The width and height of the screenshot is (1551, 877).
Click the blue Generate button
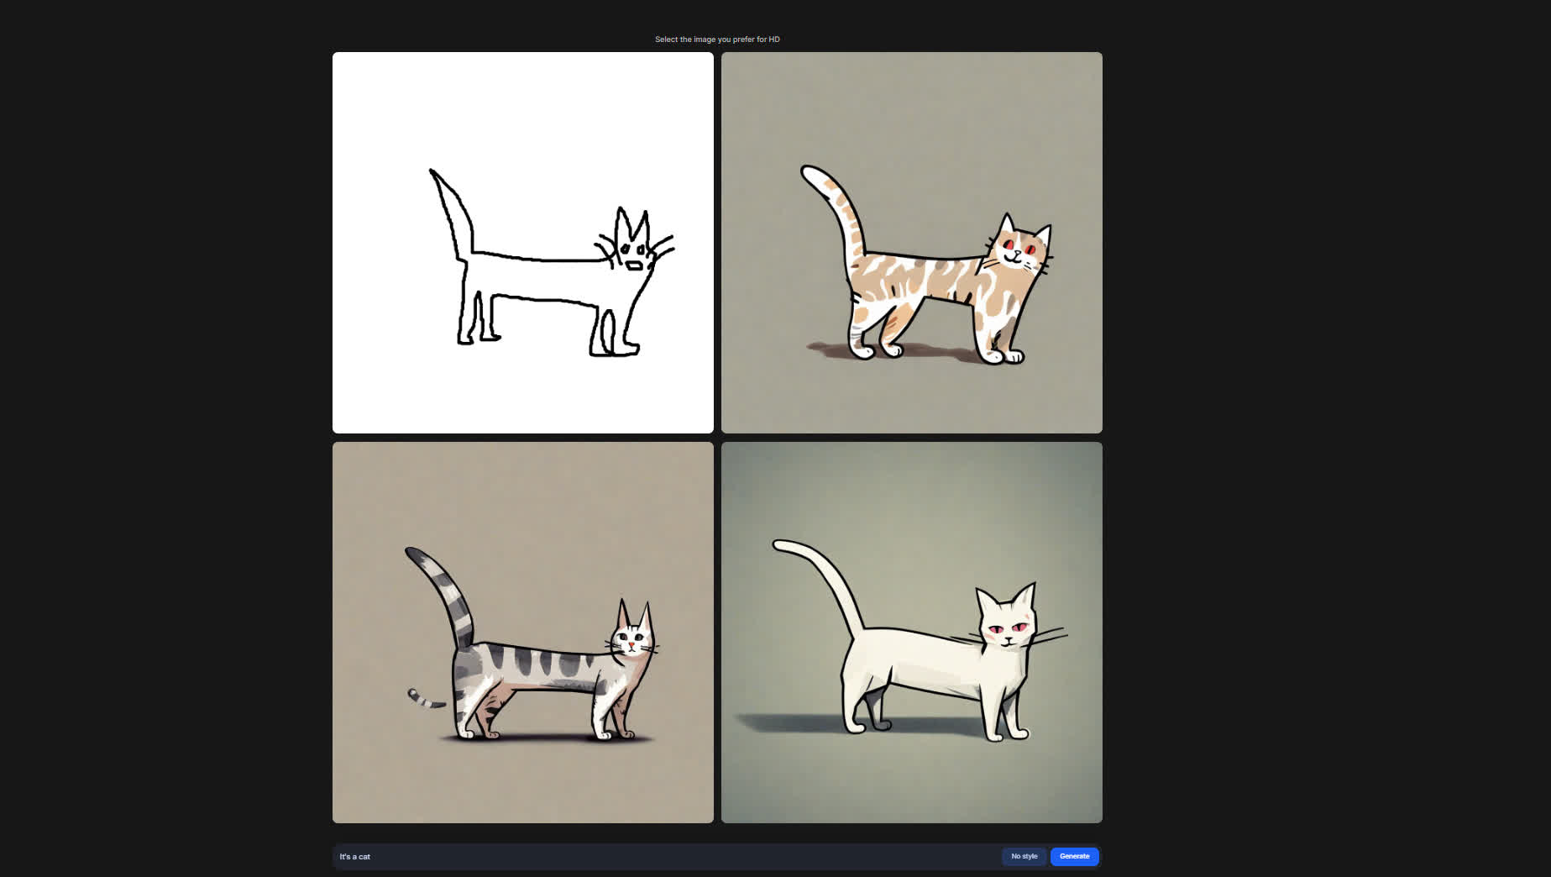pyautogui.click(x=1074, y=856)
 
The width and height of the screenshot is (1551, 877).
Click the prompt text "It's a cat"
pyautogui.click(x=354, y=857)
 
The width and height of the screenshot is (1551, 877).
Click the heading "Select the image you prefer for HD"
pyautogui.click(x=717, y=39)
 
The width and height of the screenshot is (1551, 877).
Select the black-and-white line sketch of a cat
pyautogui.click(x=523, y=243)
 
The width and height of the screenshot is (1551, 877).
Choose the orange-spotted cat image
pyautogui.click(x=912, y=243)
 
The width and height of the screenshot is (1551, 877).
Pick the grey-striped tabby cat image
pyautogui.click(x=523, y=633)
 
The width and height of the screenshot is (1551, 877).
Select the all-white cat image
pyautogui.click(x=912, y=633)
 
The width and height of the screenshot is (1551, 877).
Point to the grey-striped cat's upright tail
pyautogui.click(x=445, y=593)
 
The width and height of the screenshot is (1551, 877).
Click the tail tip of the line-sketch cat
pyautogui.click(x=432, y=172)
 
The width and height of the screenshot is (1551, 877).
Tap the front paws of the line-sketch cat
pyautogui.click(x=615, y=348)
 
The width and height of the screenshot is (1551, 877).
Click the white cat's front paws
pyautogui.click(x=1007, y=734)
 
